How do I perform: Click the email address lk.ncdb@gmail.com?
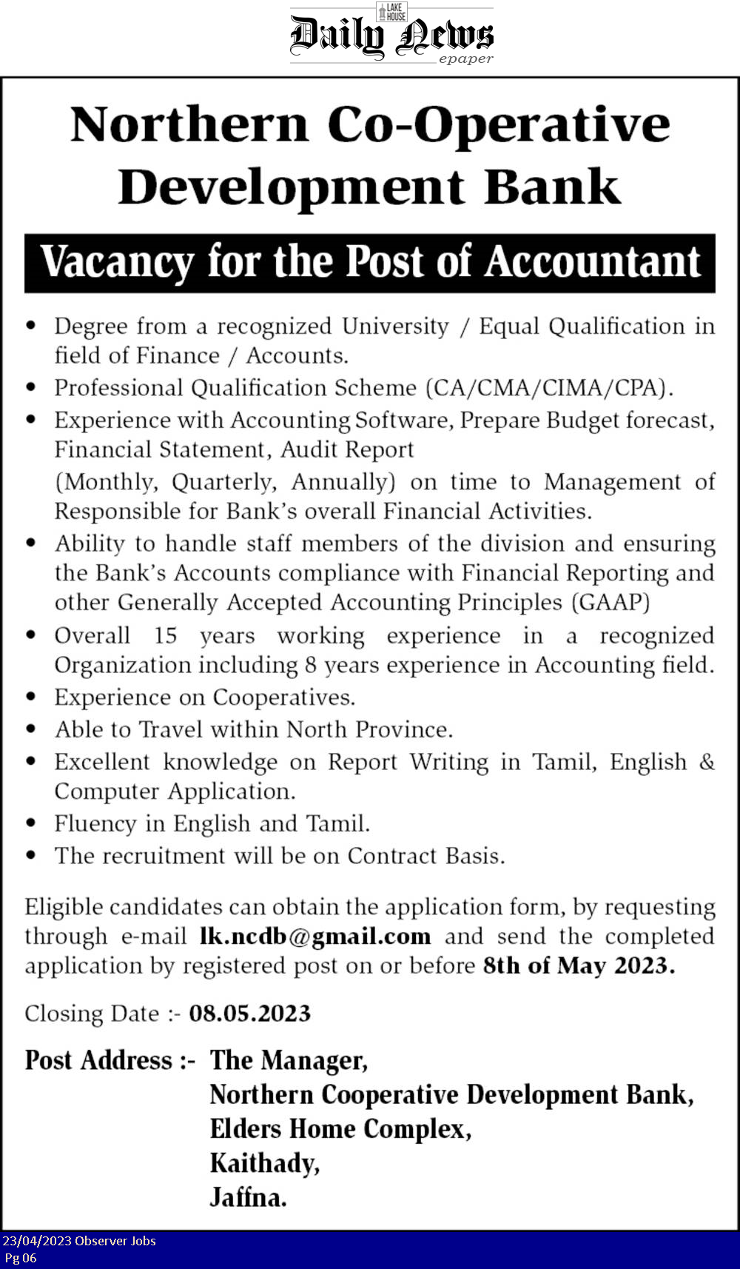[x=315, y=937]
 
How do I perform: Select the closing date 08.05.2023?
[x=249, y=1013]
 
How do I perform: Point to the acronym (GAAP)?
[x=610, y=602]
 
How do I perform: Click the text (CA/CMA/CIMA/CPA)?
[x=549, y=388]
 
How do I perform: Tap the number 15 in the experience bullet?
[x=165, y=636]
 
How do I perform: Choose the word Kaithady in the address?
[x=264, y=1163]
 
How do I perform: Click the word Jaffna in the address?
[x=248, y=1197]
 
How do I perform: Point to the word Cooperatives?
[x=283, y=697]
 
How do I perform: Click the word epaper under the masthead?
[x=465, y=59]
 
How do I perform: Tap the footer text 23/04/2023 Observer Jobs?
[x=79, y=1241]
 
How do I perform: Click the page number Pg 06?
[x=21, y=1258]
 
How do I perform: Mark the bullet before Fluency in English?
[x=31, y=824]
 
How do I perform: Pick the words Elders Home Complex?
[x=340, y=1129]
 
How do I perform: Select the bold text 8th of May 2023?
[x=578, y=966]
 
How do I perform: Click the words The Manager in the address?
[x=289, y=1060]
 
